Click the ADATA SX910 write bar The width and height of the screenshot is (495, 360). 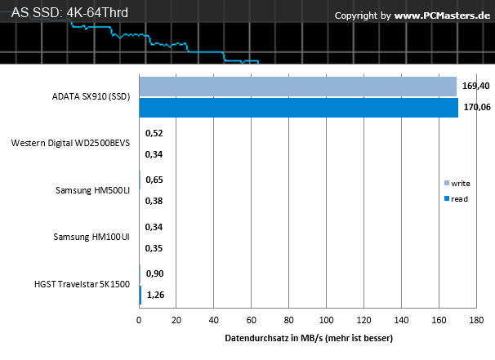pyautogui.click(x=297, y=87)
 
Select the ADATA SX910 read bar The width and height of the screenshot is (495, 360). pyautogui.click(x=299, y=108)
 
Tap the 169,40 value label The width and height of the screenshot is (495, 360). pyautogui.click(x=475, y=86)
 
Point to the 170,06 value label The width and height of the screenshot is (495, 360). pyautogui.click(x=477, y=107)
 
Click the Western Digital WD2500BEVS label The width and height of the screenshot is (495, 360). pyautogui.click(x=70, y=143)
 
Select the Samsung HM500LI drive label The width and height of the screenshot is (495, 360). pyautogui.click(x=93, y=190)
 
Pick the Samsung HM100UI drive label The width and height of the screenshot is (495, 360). pyautogui.click(x=91, y=237)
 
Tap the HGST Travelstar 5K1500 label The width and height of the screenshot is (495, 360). pyautogui.click(x=82, y=284)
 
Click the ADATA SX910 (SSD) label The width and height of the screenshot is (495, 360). pyautogui.click(x=91, y=96)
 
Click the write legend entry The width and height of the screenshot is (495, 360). pyautogui.click(x=457, y=184)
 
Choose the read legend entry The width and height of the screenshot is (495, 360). pyautogui.click(x=456, y=198)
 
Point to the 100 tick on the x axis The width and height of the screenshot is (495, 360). pyautogui.click(x=326, y=320)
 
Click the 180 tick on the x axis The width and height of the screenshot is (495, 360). pyautogui.click(x=476, y=320)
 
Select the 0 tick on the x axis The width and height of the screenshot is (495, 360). pyautogui.click(x=139, y=320)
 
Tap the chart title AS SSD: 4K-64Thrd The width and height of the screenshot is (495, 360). pyautogui.click(x=69, y=12)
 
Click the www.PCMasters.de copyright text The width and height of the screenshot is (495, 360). pyautogui.click(x=442, y=16)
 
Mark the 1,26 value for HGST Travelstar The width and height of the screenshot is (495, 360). pyautogui.click(x=156, y=295)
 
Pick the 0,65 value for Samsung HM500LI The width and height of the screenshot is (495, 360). pyautogui.click(x=154, y=180)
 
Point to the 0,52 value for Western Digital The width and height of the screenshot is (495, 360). pyautogui.click(x=154, y=133)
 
